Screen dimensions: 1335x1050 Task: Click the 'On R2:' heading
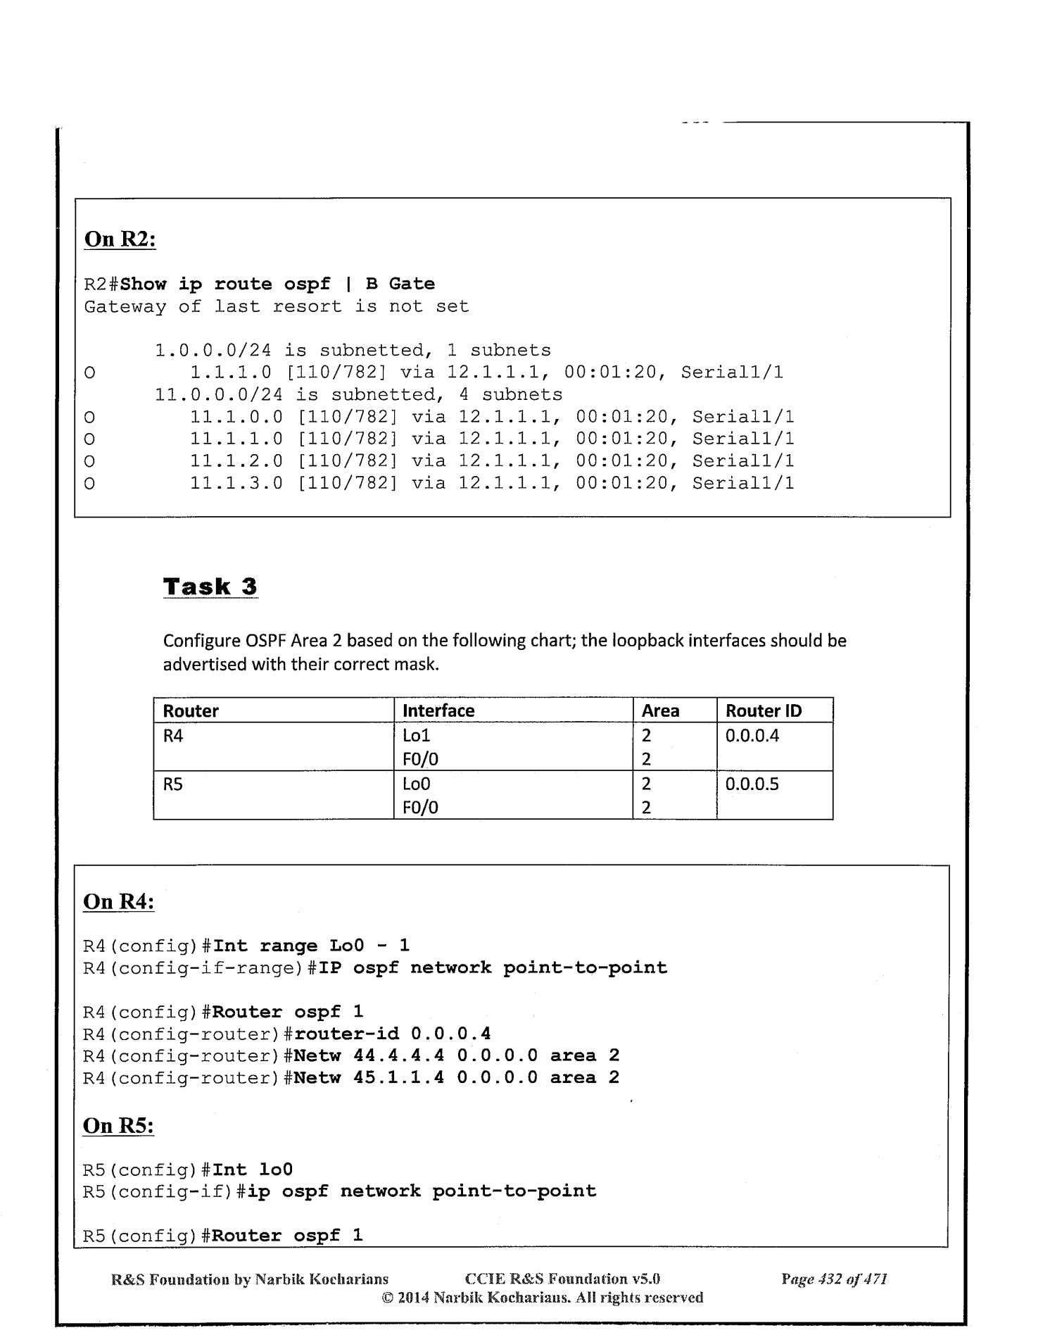click(x=120, y=239)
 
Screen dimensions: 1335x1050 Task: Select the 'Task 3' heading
click(x=210, y=587)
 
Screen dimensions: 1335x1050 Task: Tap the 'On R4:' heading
click(x=118, y=902)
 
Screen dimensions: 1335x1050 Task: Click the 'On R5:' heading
click(x=118, y=1126)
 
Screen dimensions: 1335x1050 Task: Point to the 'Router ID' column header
click(x=764, y=711)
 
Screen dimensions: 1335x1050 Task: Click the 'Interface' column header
click(x=438, y=711)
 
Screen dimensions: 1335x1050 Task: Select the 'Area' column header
click(x=660, y=711)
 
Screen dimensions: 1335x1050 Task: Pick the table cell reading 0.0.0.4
click(x=752, y=736)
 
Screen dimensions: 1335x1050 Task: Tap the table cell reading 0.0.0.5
click(x=752, y=784)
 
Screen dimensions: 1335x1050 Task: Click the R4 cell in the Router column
click(x=173, y=737)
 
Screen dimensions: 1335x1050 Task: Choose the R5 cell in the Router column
click(x=173, y=784)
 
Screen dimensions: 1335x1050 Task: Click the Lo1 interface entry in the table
click(x=416, y=736)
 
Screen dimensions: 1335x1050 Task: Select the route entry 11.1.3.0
click(x=236, y=484)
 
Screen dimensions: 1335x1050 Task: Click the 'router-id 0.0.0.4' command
click(x=392, y=1034)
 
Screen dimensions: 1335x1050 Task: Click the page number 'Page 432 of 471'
click(x=834, y=1279)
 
